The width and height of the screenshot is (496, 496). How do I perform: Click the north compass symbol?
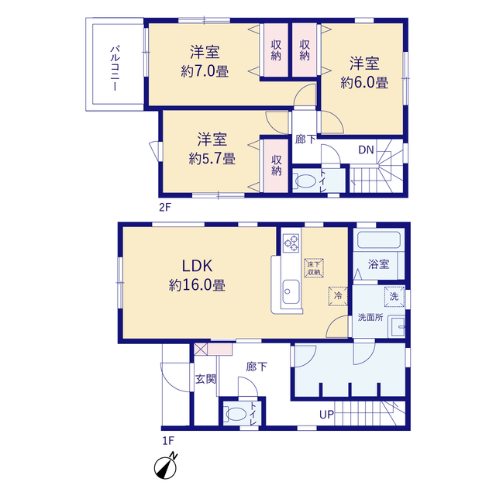click(x=166, y=467)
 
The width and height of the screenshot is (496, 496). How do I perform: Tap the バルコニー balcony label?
click(x=115, y=68)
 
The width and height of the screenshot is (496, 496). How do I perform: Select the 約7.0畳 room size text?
click(x=205, y=71)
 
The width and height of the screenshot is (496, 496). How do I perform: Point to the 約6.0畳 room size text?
click(x=364, y=83)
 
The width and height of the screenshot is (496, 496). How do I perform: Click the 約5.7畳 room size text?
click(x=212, y=158)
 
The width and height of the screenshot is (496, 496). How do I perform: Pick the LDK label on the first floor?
click(x=197, y=266)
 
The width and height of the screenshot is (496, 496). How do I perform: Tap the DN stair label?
click(x=367, y=150)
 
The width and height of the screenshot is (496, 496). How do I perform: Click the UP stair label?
click(x=326, y=415)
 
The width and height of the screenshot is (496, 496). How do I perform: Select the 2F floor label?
click(x=165, y=208)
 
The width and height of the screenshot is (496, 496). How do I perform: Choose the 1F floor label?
click(x=168, y=441)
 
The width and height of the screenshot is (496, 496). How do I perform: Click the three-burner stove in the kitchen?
click(x=291, y=243)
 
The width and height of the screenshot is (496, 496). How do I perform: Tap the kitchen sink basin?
click(x=291, y=291)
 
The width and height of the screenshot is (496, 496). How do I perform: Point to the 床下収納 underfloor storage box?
click(x=314, y=268)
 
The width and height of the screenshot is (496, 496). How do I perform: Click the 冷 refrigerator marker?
click(x=338, y=296)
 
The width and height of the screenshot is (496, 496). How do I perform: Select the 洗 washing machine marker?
click(x=394, y=296)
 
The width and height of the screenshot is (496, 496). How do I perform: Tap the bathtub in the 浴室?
click(x=379, y=240)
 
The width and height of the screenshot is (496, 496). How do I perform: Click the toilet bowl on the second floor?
click(x=305, y=181)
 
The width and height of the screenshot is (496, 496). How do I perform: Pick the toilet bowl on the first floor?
click(x=236, y=414)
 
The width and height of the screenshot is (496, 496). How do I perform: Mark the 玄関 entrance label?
click(x=205, y=379)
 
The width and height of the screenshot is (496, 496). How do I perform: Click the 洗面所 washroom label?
click(x=370, y=317)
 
